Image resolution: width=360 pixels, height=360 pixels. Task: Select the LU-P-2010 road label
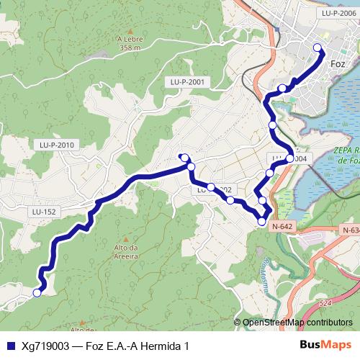tap(58, 145)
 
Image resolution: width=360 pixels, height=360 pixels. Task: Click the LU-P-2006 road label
tap(340, 13)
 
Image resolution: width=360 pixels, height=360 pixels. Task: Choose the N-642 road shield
tap(282, 226)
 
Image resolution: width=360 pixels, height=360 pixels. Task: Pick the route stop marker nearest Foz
tap(318, 48)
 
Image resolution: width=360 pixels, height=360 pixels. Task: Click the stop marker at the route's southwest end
tap(37, 292)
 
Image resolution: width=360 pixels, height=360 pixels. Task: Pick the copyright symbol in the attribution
tap(239, 323)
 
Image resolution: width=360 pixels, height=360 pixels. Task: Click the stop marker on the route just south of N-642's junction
tap(261, 222)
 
